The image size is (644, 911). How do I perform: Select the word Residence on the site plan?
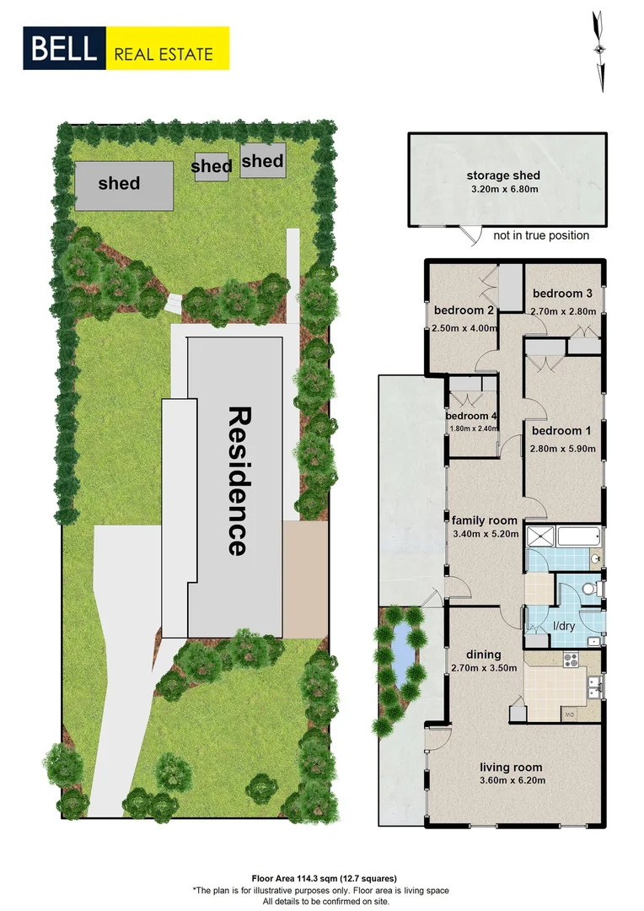click(x=238, y=481)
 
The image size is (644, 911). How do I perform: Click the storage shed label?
click(x=503, y=175)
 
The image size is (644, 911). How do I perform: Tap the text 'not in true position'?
click(x=541, y=235)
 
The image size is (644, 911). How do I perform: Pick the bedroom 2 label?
click(x=463, y=310)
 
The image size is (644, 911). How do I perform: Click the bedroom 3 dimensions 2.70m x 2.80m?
click(x=563, y=311)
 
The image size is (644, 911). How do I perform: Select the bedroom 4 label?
click(x=472, y=416)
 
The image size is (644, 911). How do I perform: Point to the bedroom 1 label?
click(x=562, y=430)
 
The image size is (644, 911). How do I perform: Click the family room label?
click(x=484, y=520)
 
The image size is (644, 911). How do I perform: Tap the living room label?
click(x=511, y=767)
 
